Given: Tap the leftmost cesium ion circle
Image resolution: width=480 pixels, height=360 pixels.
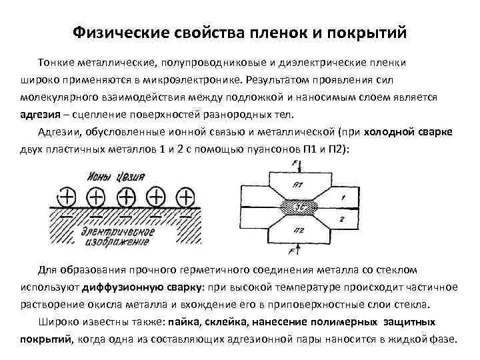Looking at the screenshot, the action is pyautogui.click(x=66, y=197).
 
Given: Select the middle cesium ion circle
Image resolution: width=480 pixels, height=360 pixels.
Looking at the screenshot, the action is pyautogui.click(x=126, y=197).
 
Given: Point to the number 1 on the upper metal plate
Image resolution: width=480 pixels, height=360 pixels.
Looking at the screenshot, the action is pyautogui.click(x=341, y=197).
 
